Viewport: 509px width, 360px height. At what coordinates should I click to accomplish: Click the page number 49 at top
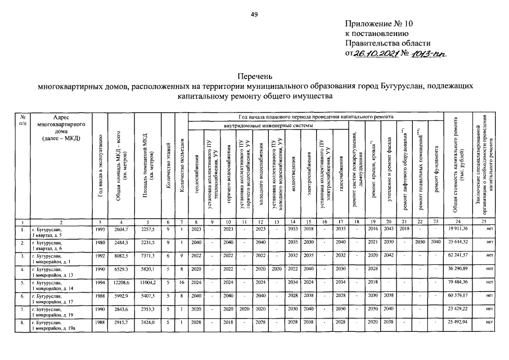click(254, 15)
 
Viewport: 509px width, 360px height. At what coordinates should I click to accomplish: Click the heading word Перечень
click(254, 75)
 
